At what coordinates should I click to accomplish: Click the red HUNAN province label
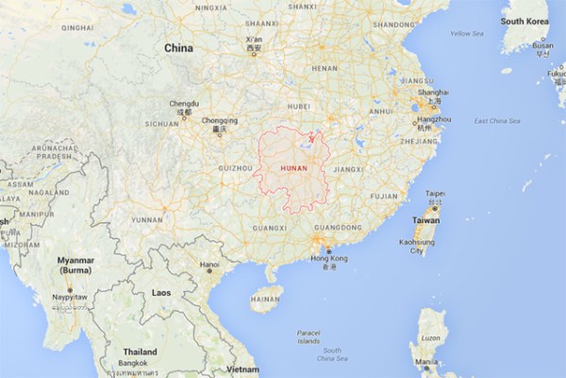click(293, 168)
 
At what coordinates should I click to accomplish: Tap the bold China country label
click(178, 47)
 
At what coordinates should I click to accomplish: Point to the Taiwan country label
click(426, 220)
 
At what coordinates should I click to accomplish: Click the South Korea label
click(524, 21)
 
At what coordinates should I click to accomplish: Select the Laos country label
click(161, 293)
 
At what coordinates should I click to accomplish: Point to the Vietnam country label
click(242, 368)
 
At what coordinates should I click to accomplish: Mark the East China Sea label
click(497, 121)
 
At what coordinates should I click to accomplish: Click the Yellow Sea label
click(466, 34)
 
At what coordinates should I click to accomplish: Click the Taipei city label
click(435, 194)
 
